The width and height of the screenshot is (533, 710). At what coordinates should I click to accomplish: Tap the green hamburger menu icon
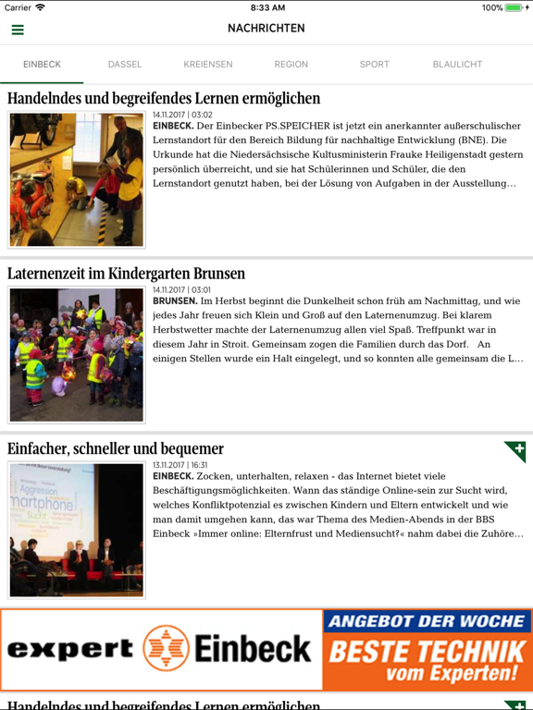[x=18, y=30]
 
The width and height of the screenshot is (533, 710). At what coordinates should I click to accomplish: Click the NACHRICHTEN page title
[x=266, y=29]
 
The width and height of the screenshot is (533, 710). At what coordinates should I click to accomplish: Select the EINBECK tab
[x=42, y=65]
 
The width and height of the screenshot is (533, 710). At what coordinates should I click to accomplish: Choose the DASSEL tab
[x=125, y=65]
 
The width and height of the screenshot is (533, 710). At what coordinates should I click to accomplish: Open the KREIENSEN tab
[x=208, y=65]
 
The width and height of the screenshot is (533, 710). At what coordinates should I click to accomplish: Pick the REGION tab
[x=291, y=65]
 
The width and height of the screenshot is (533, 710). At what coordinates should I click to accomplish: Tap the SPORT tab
[x=375, y=65]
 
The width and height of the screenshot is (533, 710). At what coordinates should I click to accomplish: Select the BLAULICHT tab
[x=457, y=65]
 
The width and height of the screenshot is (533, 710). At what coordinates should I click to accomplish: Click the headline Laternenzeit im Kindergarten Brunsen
[x=127, y=274]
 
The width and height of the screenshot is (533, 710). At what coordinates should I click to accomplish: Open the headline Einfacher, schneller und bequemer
[x=116, y=449]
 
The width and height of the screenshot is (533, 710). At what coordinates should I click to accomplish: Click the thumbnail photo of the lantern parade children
[x=77, y=354]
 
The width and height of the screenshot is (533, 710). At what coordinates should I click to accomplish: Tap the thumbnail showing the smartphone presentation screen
[x=77, y=530]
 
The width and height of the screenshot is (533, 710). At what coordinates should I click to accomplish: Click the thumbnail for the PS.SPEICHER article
[x=77, y=179]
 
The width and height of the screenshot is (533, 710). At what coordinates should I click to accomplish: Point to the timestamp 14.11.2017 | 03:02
[x=182, y=116]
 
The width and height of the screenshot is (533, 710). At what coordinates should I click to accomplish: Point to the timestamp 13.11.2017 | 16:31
[x=180, y=465]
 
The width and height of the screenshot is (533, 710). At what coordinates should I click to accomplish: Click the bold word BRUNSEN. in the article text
[x=175, y=301]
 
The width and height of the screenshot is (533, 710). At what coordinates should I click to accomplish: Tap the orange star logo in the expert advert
[x=167, y=649]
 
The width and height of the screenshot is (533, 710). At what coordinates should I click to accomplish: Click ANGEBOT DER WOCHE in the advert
[x=428, y=622]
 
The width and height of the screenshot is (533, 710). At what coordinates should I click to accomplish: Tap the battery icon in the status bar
[x=515, y=7]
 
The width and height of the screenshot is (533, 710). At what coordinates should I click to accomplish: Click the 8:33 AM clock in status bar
[x=266, y=7]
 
